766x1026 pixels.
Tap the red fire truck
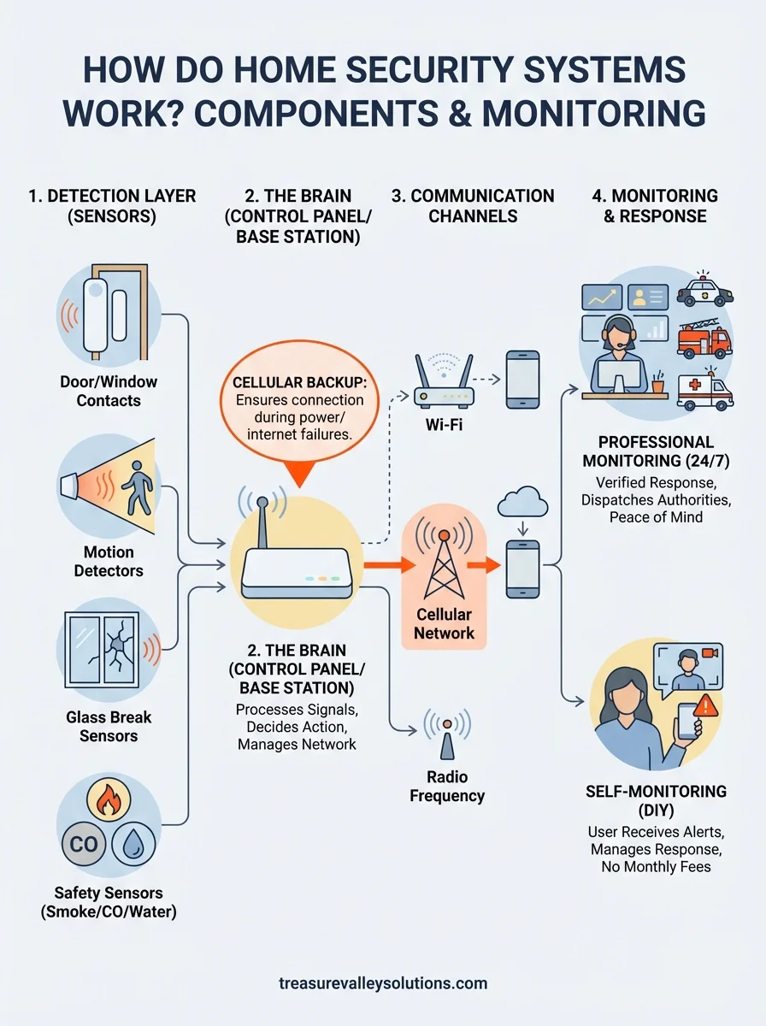click(704, 341)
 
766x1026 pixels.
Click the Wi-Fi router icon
click(444, 386)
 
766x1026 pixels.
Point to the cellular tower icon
click(444, 567)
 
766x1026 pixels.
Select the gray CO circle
click(84, 846)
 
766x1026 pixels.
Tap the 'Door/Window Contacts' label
click(109, 391)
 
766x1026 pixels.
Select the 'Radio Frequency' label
click(446, 787)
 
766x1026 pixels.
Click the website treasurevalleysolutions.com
click(383, 983)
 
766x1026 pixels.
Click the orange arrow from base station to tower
click(380, 565)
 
